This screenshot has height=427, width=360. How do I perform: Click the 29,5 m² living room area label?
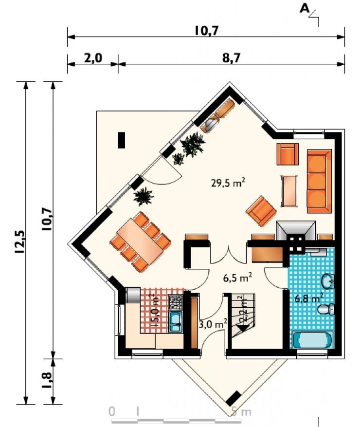228,182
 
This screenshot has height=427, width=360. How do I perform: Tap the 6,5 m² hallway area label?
237,278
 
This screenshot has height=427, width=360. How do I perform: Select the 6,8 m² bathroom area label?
309,298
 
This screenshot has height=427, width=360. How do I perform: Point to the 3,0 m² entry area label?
213,324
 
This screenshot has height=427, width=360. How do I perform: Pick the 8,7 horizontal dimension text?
232,58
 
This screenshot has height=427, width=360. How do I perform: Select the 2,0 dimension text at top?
93,58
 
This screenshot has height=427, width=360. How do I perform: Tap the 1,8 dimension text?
47,380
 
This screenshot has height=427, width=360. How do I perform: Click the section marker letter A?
305,9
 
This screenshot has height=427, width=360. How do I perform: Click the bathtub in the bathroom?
313,339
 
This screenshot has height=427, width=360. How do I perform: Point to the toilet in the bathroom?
326,309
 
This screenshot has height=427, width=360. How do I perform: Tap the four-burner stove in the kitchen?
176,302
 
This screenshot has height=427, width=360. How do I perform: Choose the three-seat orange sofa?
320,181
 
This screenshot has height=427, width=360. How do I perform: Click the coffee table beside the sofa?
289,191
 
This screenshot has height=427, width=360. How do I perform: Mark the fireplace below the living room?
295,230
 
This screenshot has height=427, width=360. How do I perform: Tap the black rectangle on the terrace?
121,140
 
